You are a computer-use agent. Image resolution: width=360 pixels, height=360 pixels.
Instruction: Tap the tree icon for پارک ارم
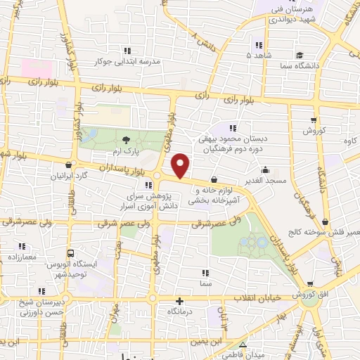pyautogui.click(x=125, y=140)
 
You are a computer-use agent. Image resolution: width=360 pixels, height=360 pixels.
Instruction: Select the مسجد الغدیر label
pyautogui.click(x=265, y=181)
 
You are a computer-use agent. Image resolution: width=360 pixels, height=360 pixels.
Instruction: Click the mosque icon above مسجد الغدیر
pyautogui.click(x=265, y=169)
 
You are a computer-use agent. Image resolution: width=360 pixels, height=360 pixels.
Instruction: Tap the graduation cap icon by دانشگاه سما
pyautogui.click(x=299, y=55)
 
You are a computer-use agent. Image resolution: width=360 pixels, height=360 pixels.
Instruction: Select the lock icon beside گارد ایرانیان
pyautogui.click(x=67, y=165)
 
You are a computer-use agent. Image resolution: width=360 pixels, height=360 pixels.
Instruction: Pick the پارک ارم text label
pyautogui.click(x=124, y=151)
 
